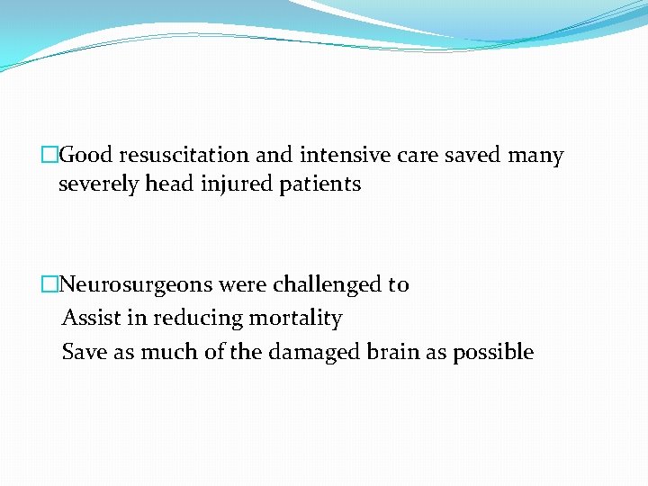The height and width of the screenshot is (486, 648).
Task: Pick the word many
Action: coord(535,156)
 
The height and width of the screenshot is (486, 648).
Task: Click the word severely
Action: coord(99,184)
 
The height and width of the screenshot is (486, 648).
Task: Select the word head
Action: coord(167,184)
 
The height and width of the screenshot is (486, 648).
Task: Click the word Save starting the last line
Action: coord(83,352)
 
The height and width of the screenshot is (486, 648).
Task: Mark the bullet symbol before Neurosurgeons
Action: coord(49,285)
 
